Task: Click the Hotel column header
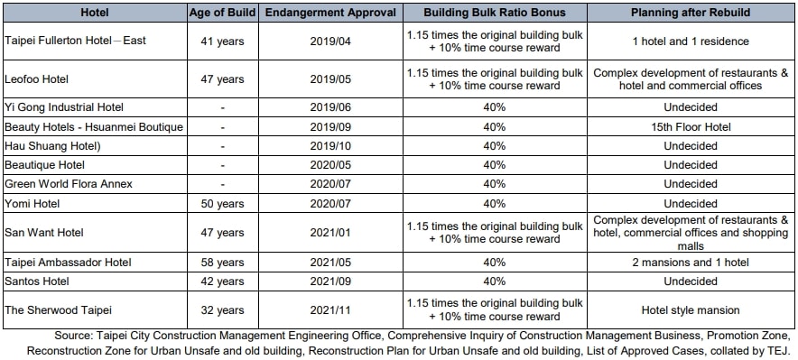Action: pos(95,13)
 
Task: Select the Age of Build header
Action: pos(222,13)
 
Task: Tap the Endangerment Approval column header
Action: pos(328,13)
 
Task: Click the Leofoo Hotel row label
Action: pos(38,79)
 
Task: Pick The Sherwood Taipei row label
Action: pos(52,309)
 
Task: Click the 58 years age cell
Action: pos(222,263)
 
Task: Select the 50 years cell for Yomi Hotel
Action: pos(222,202)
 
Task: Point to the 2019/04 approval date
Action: pos(328,42)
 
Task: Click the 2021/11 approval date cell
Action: pos(328,309)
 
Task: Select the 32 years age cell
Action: pos(222,309)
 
